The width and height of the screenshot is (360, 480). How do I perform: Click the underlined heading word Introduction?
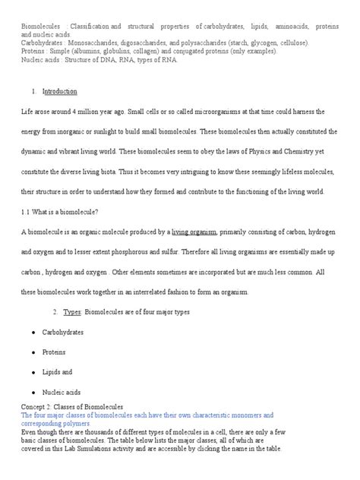point(60,91)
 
